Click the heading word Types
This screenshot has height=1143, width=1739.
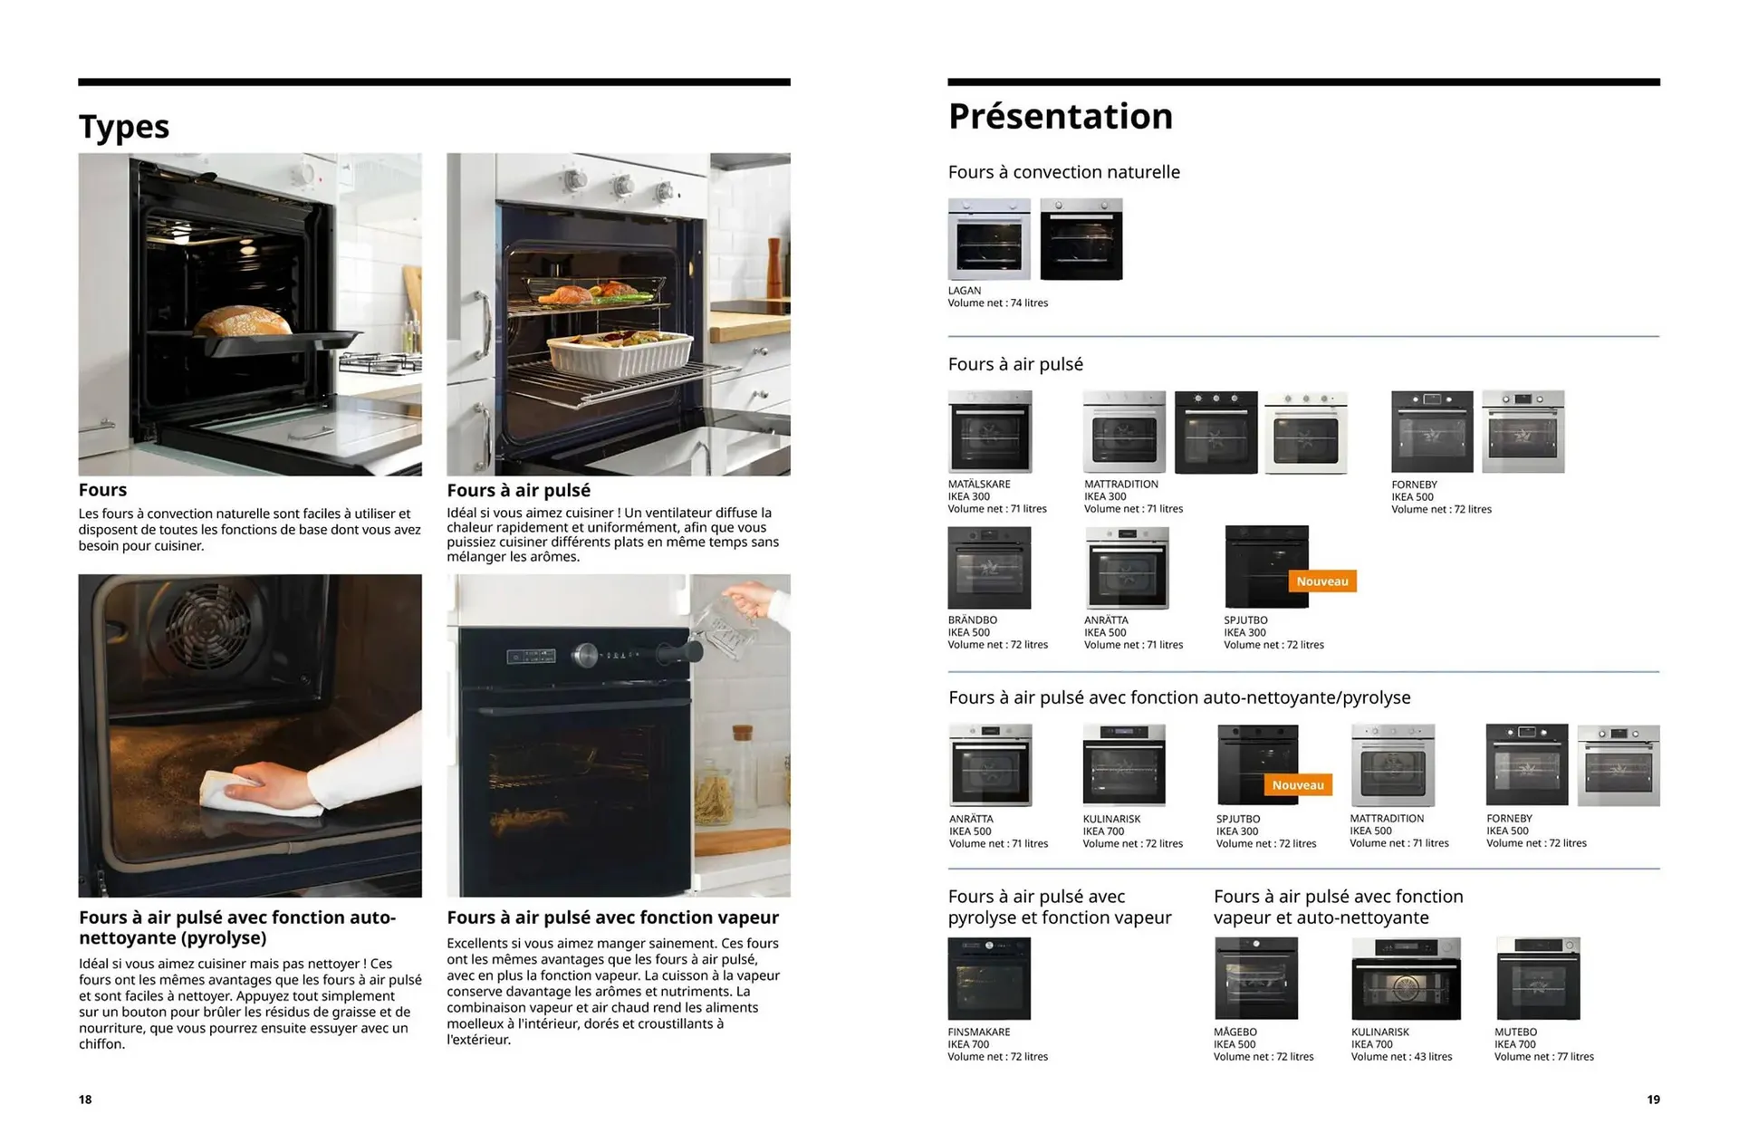coord(124,127)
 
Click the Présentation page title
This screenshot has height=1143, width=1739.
coord(1060,117)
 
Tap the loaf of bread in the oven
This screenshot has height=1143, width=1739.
coord(243,322)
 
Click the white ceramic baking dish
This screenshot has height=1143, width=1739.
coord(620,354)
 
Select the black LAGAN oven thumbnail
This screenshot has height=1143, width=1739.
coord(1081,239)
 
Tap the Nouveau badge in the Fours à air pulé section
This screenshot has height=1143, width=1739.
coord(1321,581)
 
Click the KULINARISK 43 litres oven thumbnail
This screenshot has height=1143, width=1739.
coord(1405,979)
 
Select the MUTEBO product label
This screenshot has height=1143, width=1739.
coord(1515,1032)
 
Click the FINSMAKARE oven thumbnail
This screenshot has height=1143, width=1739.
coord(989,979)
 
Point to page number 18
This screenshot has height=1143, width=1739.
coord(85,1100)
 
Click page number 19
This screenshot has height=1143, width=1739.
coord(1653,1100)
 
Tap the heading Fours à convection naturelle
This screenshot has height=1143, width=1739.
coord(1063,172)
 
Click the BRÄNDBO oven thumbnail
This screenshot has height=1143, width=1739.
coord(989,568)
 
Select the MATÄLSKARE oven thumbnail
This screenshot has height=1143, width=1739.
coord(989,432)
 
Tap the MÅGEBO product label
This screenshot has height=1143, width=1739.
coord(1235,1032)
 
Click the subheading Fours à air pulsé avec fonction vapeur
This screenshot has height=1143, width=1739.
coord(612,917)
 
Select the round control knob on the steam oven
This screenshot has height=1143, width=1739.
coord(586,654)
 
